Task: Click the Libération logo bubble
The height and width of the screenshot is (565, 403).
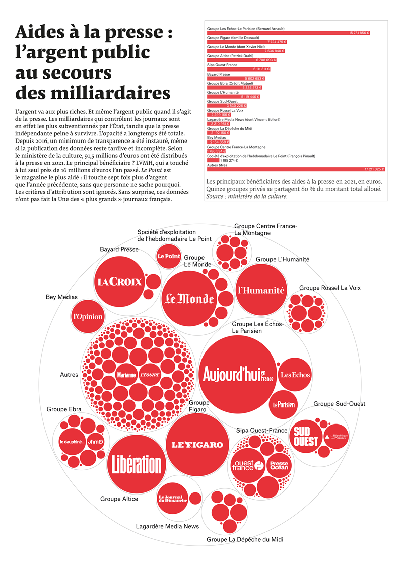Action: (x=137, y=464)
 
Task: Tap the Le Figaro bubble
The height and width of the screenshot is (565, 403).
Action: (x=197, y=445)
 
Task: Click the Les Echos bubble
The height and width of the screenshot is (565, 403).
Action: (x=295, y=375)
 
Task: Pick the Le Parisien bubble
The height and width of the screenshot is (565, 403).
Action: (x=284, y=404)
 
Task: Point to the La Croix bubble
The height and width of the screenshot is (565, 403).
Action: (x=120, y=282)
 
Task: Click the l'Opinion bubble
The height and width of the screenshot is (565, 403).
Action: (x=88, y=317)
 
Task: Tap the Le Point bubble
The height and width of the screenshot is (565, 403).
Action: (x=169, y=256)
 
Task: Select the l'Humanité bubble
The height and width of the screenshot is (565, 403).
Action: (x=261, y=290)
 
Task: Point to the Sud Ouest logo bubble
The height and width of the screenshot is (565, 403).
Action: (x=306, y=436)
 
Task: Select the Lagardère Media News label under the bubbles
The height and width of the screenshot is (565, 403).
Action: (x=167, y=526)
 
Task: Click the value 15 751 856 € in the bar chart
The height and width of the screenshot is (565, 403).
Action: (x=359, y=33)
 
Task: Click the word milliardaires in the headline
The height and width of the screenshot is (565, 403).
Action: (x=93, y=93)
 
